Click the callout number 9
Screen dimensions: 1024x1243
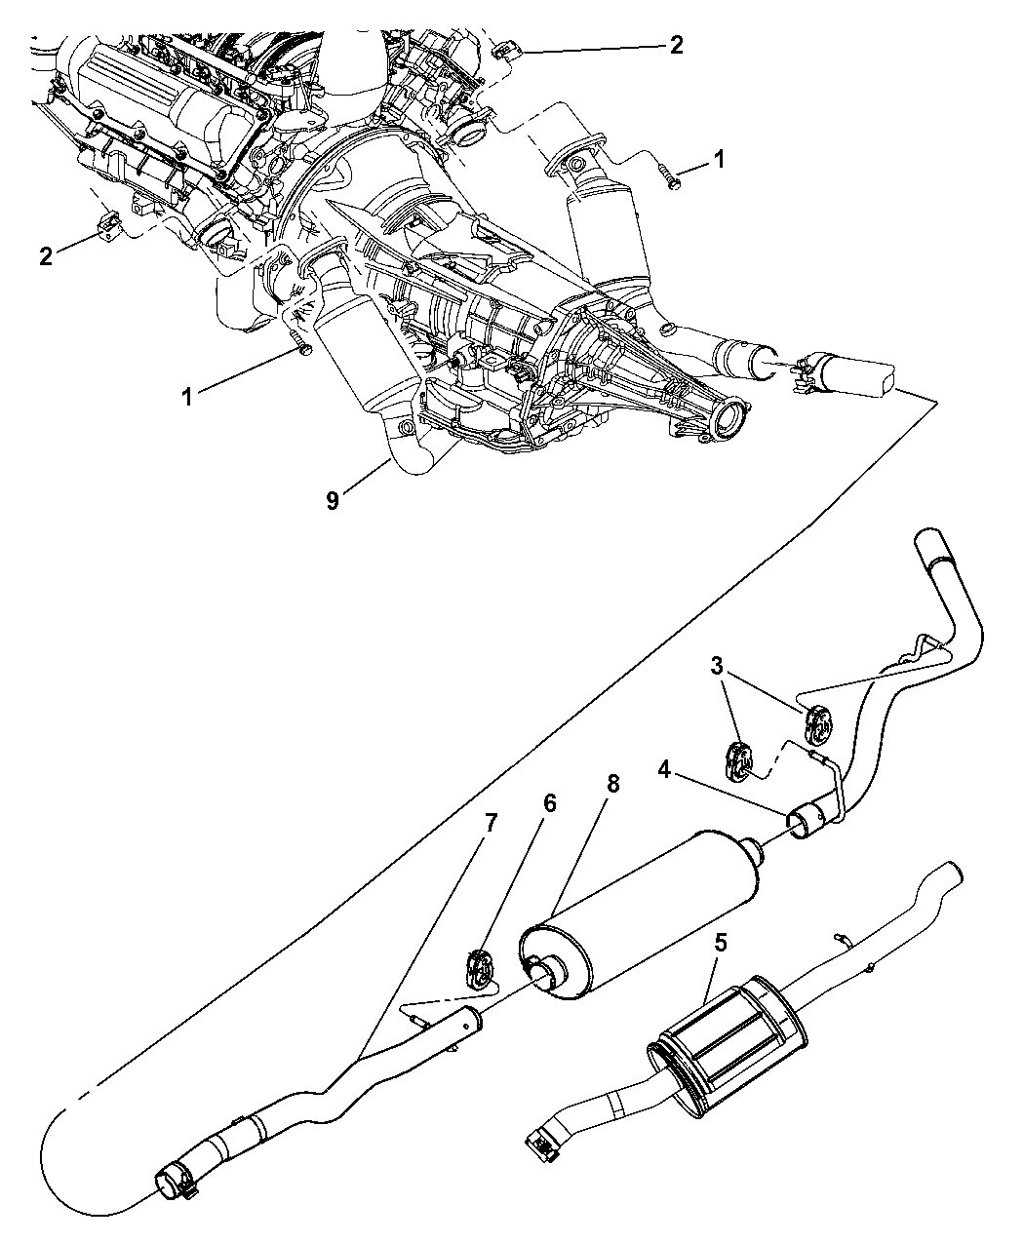pyautogui.click(x=333, y=501)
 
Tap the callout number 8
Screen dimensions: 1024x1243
pyautogui.click(x=613, y=784)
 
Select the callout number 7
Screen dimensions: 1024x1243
pyautogui.click(x=491, y=823)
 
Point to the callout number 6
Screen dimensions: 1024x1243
pyautogui.click(x=549, y=803)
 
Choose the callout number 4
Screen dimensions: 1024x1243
pyautogui.click(x=664, y=770)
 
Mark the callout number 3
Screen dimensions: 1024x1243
pyautogui.click(x=716, y=666)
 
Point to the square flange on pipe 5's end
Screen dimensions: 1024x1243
pyautogui.click(x=542, y=1141)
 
